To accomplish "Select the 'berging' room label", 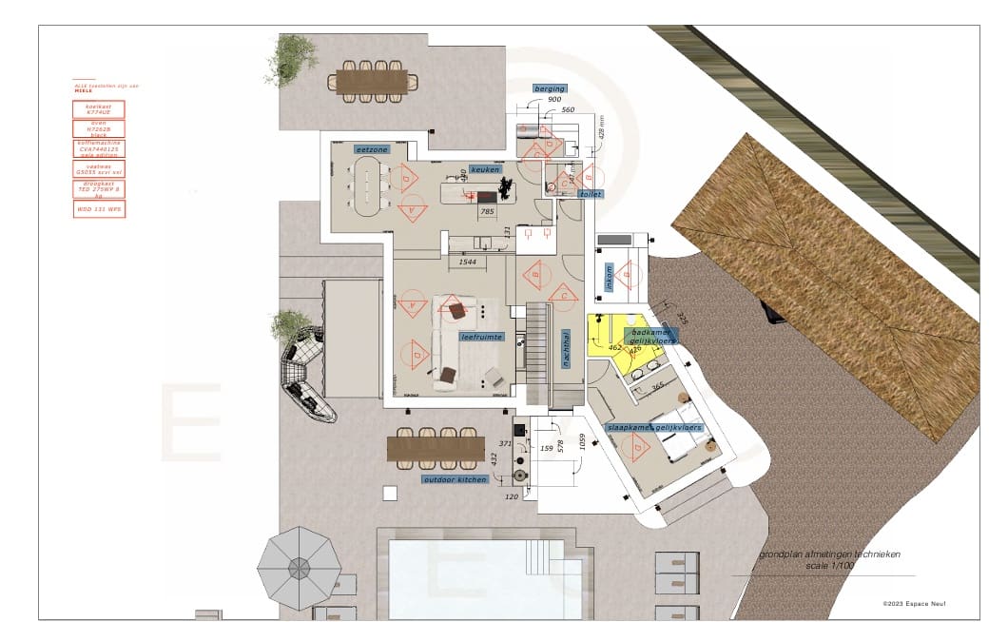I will click(550, 88).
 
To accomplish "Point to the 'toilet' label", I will click(591, 194).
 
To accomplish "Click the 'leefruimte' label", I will click(454, 337).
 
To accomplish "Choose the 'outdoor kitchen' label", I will click(456, 479).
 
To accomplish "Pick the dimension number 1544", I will click(467, 261).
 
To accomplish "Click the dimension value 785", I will click(487, 211).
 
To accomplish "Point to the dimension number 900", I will click(554, 100).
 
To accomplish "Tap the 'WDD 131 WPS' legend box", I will click(99, 209).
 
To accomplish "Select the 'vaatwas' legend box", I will click(99, 168).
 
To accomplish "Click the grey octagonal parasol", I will click(299, 568).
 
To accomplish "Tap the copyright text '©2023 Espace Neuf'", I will click(921, 603).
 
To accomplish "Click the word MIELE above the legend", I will click(82, 90).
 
